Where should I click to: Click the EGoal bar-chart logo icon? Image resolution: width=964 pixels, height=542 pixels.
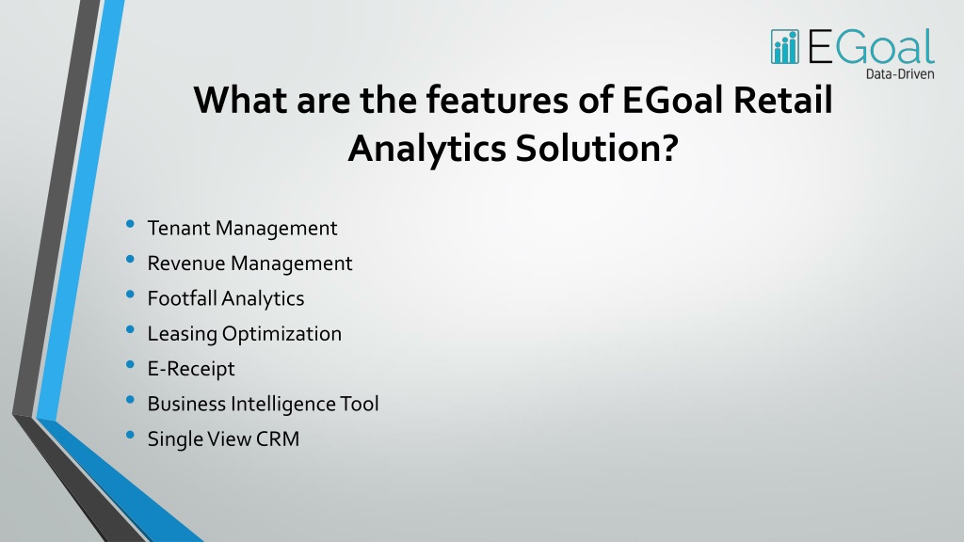tap(785, 47)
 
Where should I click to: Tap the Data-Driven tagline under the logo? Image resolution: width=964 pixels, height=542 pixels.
tap(900, 74)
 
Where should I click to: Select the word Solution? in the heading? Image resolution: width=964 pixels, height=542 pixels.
tap(597, 149)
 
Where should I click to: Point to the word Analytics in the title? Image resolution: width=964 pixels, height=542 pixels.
tap(427, 150)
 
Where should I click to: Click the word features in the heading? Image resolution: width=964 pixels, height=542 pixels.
tap(497, 100)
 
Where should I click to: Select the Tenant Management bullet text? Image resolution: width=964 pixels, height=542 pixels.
tap(242, 228)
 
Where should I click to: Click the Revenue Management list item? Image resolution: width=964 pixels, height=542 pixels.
tap(249, 263)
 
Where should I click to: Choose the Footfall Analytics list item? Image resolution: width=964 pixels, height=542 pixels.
tap(226, 298)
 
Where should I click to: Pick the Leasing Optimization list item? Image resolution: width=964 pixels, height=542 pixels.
tap(244, 334)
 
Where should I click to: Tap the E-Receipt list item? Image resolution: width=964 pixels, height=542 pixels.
tap(190, 369)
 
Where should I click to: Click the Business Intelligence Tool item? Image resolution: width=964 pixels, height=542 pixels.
tap(264, 404)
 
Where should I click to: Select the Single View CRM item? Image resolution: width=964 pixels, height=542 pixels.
tap(223, 438)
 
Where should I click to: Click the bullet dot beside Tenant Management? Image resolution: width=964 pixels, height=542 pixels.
tap(130, 224)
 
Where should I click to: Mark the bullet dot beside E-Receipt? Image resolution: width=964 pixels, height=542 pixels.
tap(130, 365)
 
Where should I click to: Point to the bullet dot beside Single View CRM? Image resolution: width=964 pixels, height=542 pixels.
tap(130, 435)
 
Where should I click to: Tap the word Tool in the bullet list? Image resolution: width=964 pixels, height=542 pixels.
tap(360, 404)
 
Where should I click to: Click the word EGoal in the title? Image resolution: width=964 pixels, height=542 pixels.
tap(674, 100)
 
